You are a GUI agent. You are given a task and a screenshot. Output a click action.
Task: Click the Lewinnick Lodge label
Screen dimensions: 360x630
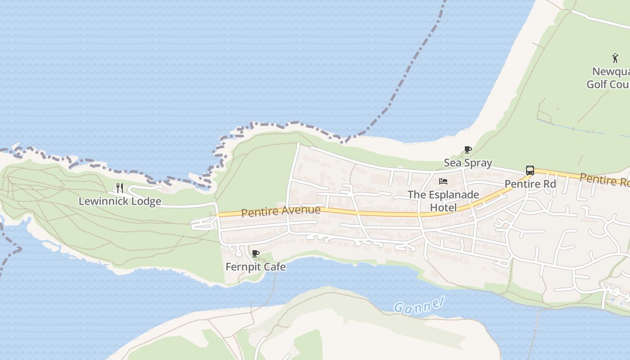pyautogui.click(x=120, y=201)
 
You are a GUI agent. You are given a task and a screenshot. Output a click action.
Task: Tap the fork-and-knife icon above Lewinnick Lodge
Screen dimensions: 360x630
pyautogui.click(x=120, y=188)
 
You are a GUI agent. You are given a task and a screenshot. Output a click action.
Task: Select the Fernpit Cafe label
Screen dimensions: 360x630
pyautogui.click(x=255, y=267)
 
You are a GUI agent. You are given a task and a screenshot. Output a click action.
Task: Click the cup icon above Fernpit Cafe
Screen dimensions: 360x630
pyautogui.click(x=256, y=254)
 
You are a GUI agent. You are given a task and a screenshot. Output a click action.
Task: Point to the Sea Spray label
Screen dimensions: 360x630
pyautogui.click(x=468, y=163)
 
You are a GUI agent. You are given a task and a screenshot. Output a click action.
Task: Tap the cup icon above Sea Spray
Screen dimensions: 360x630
pyautogui.click(x=468, y=150)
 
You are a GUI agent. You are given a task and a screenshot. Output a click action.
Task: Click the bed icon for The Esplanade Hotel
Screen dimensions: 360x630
pyautogui.click(x=443, y=181)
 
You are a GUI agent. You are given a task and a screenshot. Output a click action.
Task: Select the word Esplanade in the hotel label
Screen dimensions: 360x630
pyautogui.click(x=450, y=195)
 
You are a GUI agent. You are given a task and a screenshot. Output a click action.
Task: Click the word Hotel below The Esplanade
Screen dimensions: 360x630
pyautogui.click(x=443, y=207)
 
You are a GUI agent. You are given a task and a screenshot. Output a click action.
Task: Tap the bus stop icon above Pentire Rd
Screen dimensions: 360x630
pyautogui.click(x=530, y=171)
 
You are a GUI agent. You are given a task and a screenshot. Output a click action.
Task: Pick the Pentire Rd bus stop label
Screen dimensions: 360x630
pyautogui.click(x=530, y=184)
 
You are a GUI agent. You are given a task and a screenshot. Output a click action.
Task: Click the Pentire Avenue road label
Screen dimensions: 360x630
pyautogui.click(x=281, y=211)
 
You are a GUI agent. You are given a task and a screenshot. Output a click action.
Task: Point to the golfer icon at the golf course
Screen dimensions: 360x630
pyautogui.click(x=615, y=58)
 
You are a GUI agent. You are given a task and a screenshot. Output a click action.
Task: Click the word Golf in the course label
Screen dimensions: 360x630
pyautogui.click(x=597, y=84)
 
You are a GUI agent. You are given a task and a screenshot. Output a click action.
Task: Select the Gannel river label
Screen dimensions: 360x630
pyautogui.click(x=419, y=305)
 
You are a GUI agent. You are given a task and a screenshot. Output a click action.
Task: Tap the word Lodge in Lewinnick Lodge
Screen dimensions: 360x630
pyautogui.click(x=147, y=201)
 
